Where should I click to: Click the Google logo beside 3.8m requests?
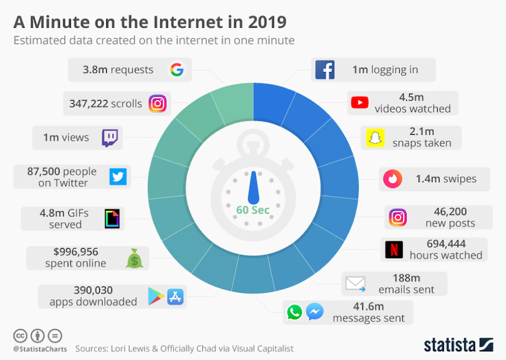coord(177,70)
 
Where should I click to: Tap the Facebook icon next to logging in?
coord(324,70)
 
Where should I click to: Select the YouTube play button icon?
coord(359,102)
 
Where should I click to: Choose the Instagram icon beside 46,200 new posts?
coord(397,217)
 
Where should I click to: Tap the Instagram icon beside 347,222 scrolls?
coord(157,103)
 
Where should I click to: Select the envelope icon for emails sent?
coord(355,283)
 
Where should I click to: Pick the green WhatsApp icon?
coord(294,312)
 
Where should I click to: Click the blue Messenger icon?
coord(315,312)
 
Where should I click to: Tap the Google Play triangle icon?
coord(156,295)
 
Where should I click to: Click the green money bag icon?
coord(135,258)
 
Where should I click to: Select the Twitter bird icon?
coord(118,177)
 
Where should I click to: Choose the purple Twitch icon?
coord(111,137)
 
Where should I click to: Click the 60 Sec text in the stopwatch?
coord(253,210)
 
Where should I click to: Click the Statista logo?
coord(458,345)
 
